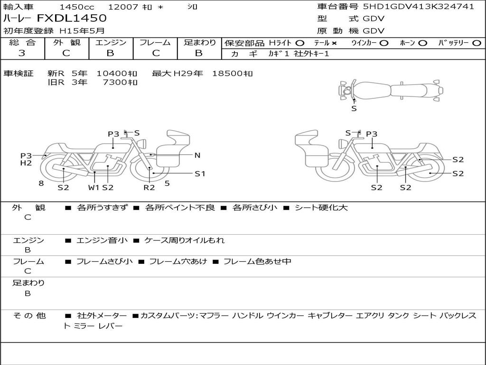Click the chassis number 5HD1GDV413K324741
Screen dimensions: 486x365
coord(419,7)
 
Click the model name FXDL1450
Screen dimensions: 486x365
coord(72,18)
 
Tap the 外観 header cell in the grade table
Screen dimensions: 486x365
coord(66,42)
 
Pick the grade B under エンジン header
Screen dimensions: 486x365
coord(110,53)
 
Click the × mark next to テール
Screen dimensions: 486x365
coord(334,43)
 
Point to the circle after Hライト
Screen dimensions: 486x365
coord(300,43)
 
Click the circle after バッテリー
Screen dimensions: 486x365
coord(477,43)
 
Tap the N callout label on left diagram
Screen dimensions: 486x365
coord(197,155)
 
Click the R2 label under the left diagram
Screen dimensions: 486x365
coord(149,187)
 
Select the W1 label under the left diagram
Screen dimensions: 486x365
coord(93,187)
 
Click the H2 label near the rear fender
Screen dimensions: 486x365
coord(26,163)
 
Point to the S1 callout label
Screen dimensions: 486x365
coord(200,174)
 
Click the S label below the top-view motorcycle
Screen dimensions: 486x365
coord(354,109)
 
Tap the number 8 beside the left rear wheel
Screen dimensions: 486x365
coord(41,183)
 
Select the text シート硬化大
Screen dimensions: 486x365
coord(321,207)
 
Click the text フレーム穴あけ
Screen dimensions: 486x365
coord(178,261)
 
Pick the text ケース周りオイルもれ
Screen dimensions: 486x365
coord(185,240)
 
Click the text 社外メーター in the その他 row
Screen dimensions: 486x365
coord(102,316)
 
